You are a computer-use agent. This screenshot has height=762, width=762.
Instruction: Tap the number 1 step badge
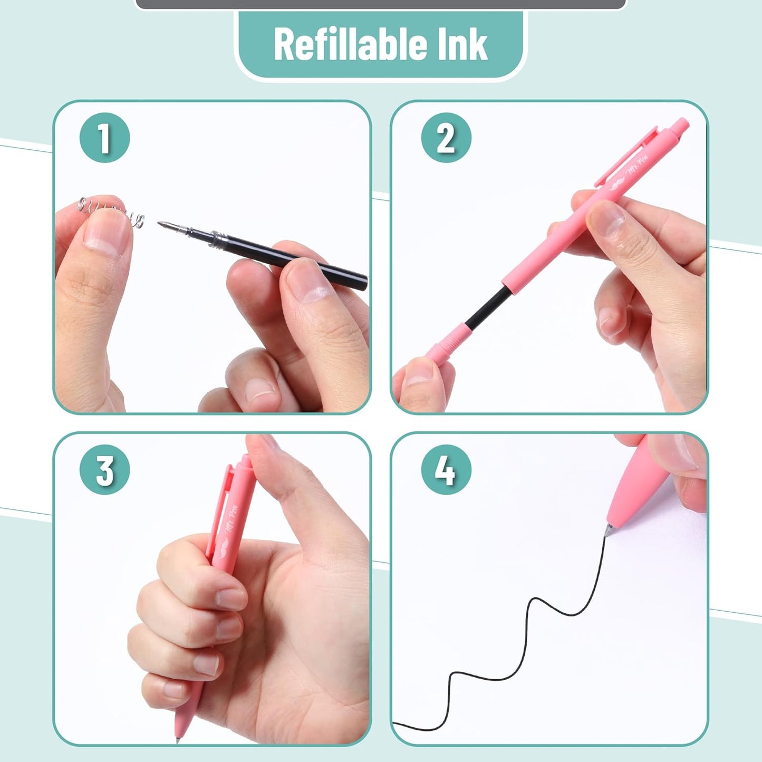tap(104, 137)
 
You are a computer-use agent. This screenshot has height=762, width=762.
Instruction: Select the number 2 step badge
tap(446, 137)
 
